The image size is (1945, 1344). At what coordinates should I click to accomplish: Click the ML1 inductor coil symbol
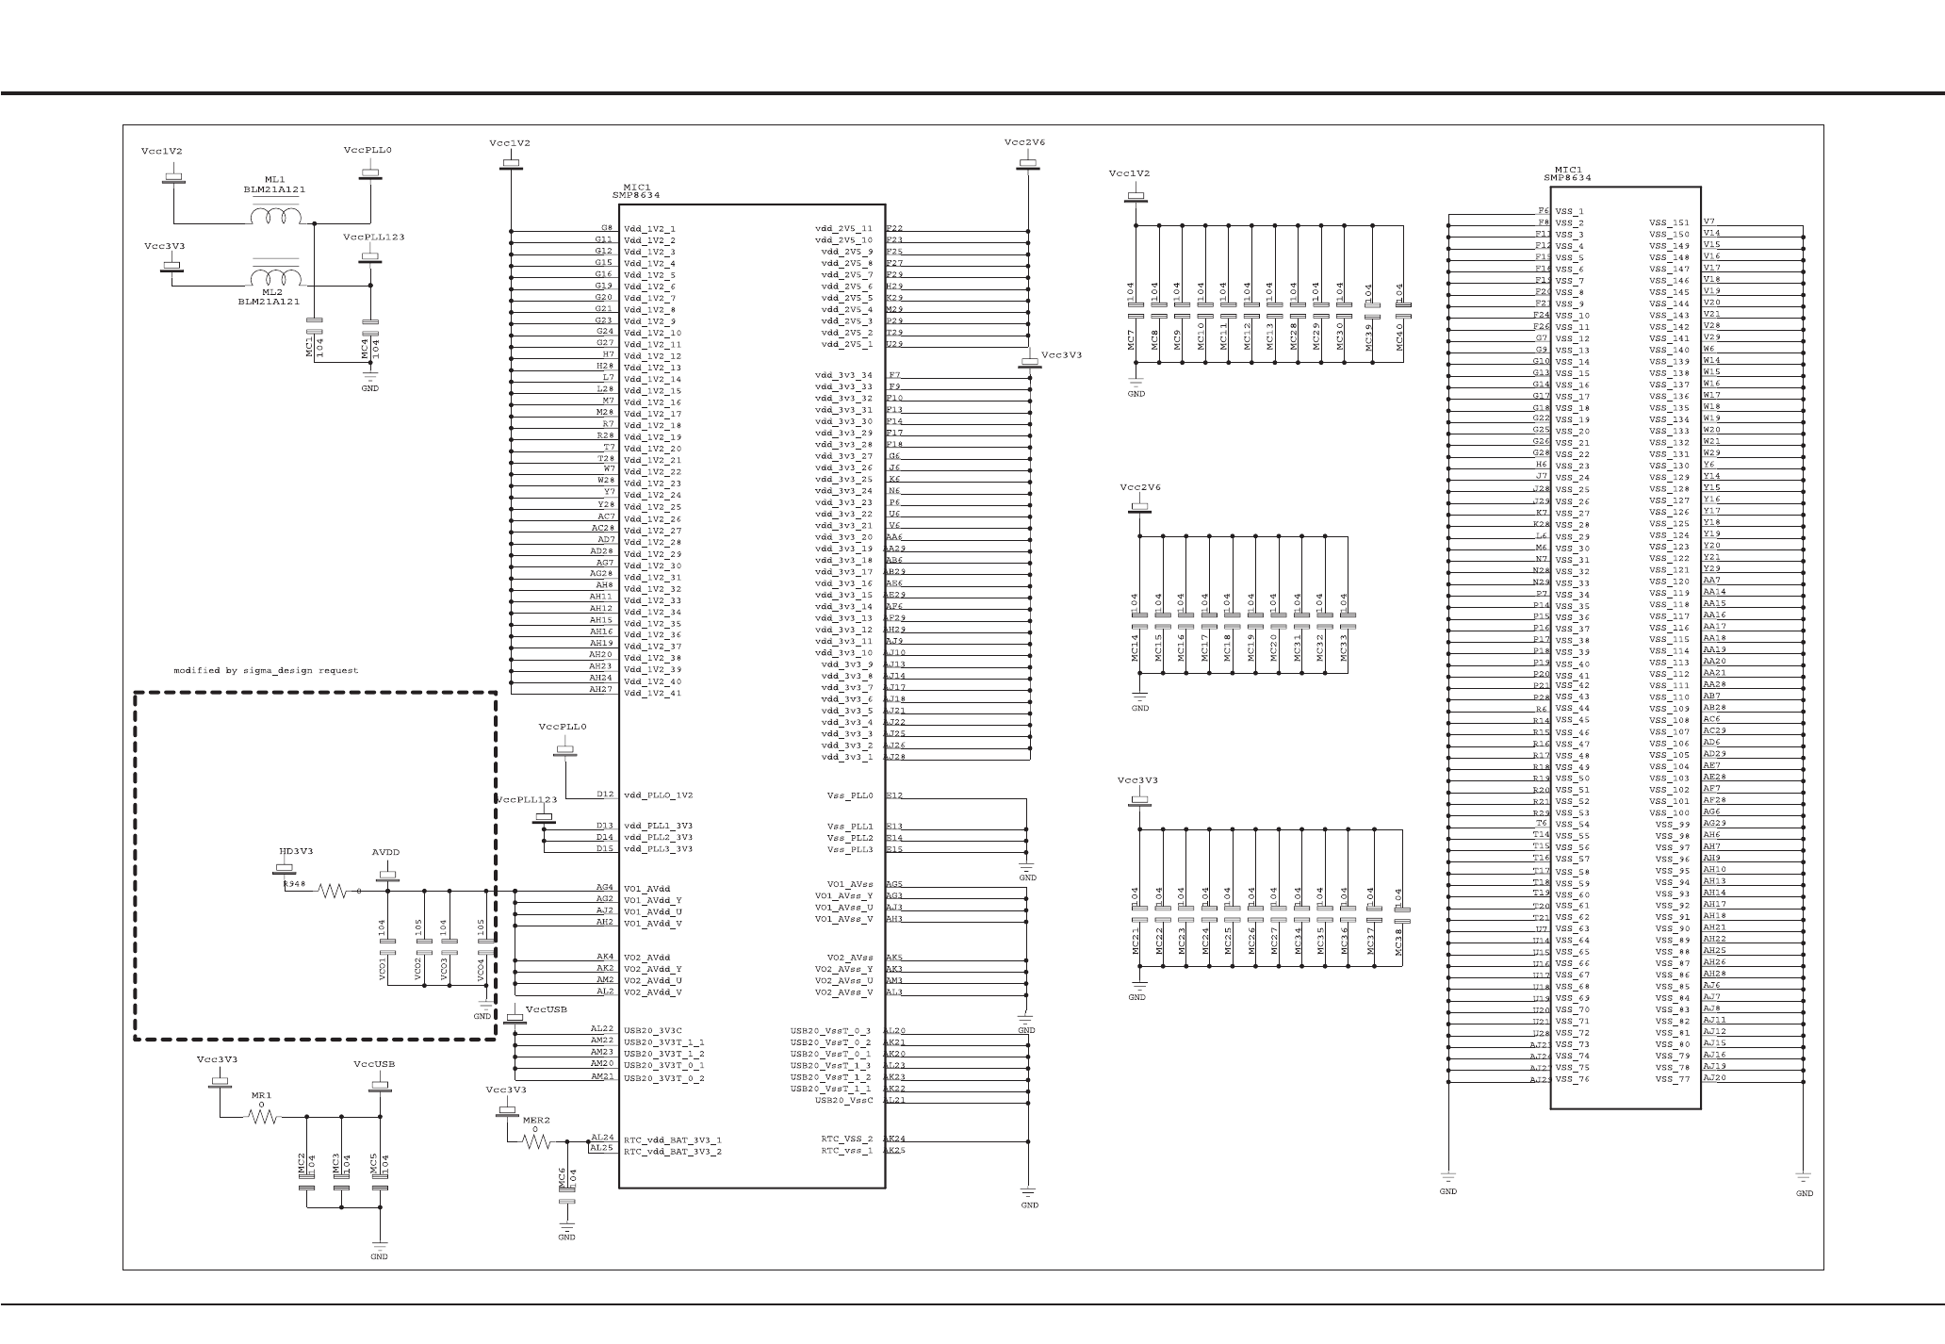[275, 217]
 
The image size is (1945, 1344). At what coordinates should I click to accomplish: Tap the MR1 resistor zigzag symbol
[263, 1117]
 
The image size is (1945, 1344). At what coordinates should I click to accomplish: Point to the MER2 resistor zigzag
[536, 1141]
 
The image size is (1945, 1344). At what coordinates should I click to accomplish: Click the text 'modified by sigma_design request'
[266, 671]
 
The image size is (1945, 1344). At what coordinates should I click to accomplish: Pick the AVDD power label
[385, 852]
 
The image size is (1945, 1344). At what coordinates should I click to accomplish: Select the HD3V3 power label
[295, 851]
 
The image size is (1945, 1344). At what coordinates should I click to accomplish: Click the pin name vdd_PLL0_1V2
[658, 795]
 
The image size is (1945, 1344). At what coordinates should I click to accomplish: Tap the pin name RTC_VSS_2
[846, 1139]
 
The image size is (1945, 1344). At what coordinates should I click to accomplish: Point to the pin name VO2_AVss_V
[843, 992]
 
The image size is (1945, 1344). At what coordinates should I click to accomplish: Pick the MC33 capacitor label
[1344, 646]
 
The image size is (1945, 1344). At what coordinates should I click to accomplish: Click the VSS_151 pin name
[1669, 223]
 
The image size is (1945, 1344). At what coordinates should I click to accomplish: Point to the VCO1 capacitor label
[383, 969]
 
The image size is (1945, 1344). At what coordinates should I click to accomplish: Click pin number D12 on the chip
[605, 795]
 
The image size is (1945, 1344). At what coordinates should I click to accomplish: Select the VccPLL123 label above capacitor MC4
[374, 237]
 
